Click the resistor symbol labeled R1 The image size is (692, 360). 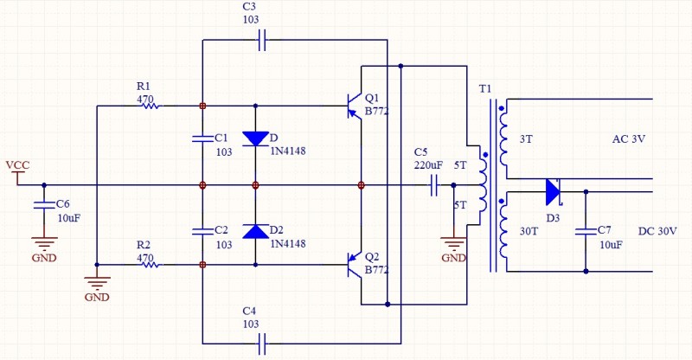tap(149, 106)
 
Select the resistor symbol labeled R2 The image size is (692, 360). tap(149, 264)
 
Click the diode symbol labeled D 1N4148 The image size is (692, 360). tap(255, 138)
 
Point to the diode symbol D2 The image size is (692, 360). tap(255, 231)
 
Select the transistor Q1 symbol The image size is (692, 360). tap(354, 106)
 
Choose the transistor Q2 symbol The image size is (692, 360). tap(354, 264)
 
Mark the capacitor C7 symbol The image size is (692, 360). tap(586, 230)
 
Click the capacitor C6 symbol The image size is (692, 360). tap(44, 204)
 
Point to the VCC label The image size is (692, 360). tap(17, 164)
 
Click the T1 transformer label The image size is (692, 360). tap(484, 89)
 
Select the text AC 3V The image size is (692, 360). tap(629, 139)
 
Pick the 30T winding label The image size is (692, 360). tap(529, 231)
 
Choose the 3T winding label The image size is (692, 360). tap(526, 139)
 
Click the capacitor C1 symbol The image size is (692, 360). tap(202, 138)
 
